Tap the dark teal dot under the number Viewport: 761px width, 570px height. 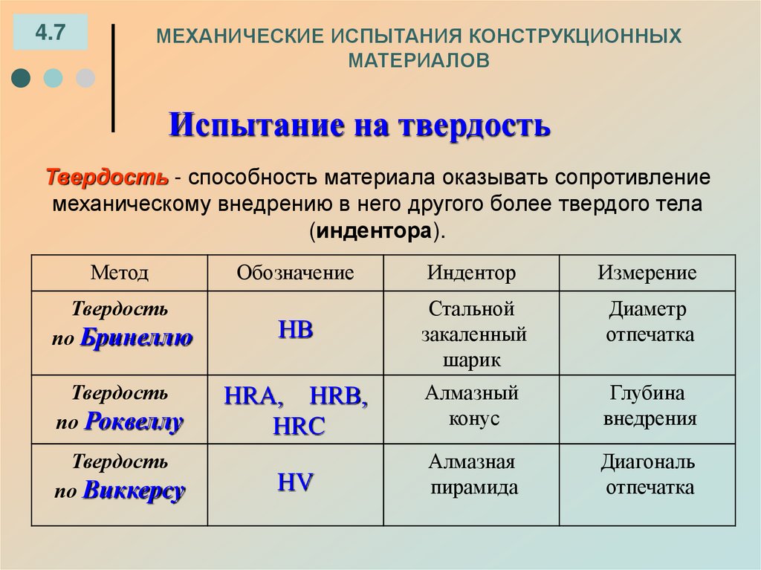(22, 78)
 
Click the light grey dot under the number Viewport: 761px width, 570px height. (86, 78)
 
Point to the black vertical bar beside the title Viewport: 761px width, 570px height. (113, 78)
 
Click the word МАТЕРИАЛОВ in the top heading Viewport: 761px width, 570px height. (420, 59)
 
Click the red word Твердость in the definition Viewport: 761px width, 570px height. (107, 178)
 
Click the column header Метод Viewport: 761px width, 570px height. (120, 273)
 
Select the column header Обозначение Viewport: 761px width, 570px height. (295, 273)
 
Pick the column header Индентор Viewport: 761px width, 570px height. (471, 273)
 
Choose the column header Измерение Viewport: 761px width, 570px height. (647, 273)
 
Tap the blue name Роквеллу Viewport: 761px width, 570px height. (134, 422)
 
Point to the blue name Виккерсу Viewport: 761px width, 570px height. (134, 491)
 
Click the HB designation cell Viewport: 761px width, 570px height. (295, 331)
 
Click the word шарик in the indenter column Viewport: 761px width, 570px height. (472, 360)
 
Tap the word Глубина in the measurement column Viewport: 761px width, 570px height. (647, 393)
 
